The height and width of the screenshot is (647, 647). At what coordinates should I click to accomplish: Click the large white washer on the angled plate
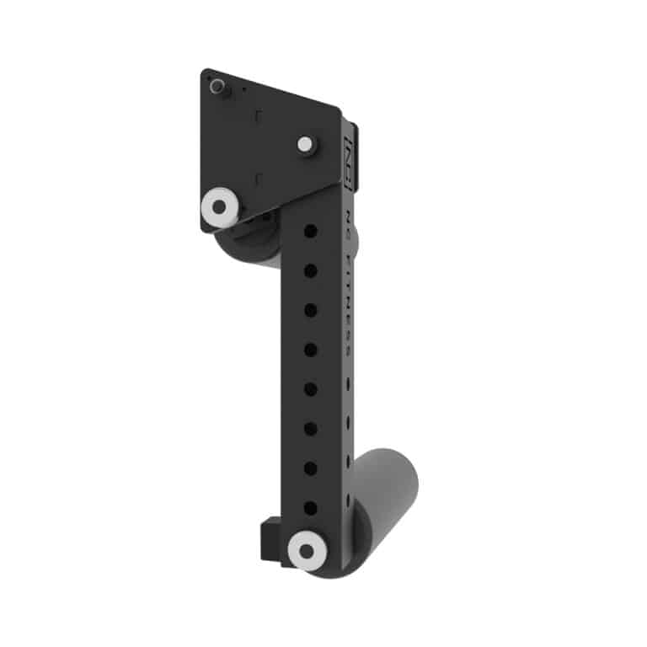click(x=220, y=205)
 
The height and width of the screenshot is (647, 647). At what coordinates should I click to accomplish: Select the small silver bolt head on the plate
click(x=304, y=144)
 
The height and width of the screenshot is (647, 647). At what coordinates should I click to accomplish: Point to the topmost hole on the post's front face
click(x=310, y=230)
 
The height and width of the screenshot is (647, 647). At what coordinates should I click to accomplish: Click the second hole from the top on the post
click(x=310, y=270)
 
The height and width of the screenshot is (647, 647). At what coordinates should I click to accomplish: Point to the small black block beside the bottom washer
click(x=268, y=536)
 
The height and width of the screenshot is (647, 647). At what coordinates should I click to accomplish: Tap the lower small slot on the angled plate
click(x=260, y=179)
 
